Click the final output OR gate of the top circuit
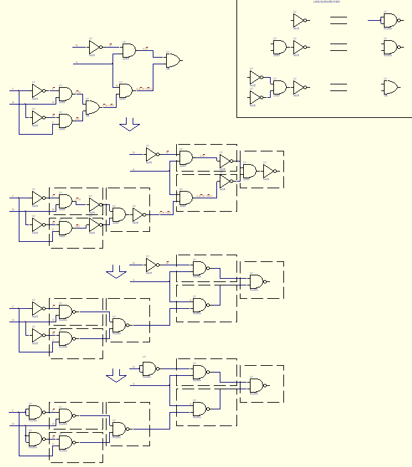pyautogui.click(x=173, y=60)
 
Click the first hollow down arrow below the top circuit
pyautogui.click(x=129, y=125)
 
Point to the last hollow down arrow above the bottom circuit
pyautogui.click(x=117, y=377)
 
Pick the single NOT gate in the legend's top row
pyautogui.click(x=298, y=21)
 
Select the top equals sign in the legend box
pyautogui.click(x=338, y=21)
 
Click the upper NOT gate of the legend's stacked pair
pyautogui.click(x=255, y=76)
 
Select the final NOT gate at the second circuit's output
pyautogui.click(x=268, y=171)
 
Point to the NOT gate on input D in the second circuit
pyautogui.click(x=151, y=153)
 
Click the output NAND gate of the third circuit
pyautogui.click(x=257, y=281)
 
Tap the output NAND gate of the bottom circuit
pyautogui.click(x=257, y=385)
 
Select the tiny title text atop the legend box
pyautogui.click(x=326, y=2)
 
